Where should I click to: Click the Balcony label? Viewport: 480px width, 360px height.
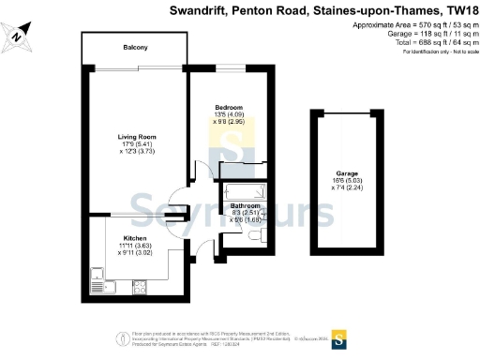coord(137,47)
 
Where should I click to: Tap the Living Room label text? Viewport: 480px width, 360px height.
coord(135,136)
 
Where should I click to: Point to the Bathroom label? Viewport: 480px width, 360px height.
coord(246,204)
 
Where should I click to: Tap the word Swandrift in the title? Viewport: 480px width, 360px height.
coord(200,11)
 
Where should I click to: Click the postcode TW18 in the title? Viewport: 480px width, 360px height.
coord(457,11)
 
